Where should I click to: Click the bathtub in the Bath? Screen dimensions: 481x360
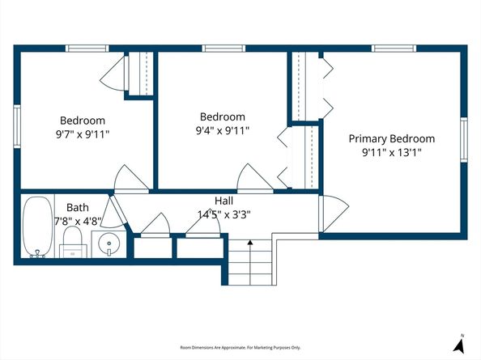pyautogui.click(x=38, y=227)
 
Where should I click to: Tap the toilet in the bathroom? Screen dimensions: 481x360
pyautogui.click(x=73, y=242)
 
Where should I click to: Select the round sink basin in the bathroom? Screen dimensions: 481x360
pyautogui.click(x=109, y=244)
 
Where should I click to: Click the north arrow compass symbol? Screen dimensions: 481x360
pyautogui.click(x=458, y=343)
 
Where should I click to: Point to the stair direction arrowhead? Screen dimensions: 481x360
pyautogui.click(x=250, y=243)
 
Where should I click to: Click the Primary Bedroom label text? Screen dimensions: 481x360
pyautogui.click(x=392, y=139)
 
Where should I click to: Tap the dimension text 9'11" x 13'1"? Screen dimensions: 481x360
pyautogui.click(x=392, y=152)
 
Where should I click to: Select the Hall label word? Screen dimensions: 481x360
pyautogui.click(x=224, y=201)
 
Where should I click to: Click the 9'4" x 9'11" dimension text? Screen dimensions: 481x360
pyautogui.click(x=223, y=131)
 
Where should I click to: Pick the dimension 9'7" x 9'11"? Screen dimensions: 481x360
pyautogui.click(x=83, y=134)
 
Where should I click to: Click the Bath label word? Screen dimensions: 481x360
pyautogui.click(x=78, y=208)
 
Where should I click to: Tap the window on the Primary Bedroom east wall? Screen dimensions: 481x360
pyautogui.click(x=464, y=140)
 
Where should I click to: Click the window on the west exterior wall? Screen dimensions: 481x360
pyautogui.click(x=17, y=126)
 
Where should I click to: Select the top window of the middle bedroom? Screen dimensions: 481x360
pyautogui.click(x=223, y=49)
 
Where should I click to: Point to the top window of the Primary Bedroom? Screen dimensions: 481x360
pyautogui.click(x=394, y=49)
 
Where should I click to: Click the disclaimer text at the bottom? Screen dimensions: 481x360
pyautogui.click(x=240, y=347)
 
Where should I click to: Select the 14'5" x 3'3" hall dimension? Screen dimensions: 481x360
pyautogui.click(x=224, y=214)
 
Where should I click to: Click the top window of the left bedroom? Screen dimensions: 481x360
pyautogui.click(x=87, y=49)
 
